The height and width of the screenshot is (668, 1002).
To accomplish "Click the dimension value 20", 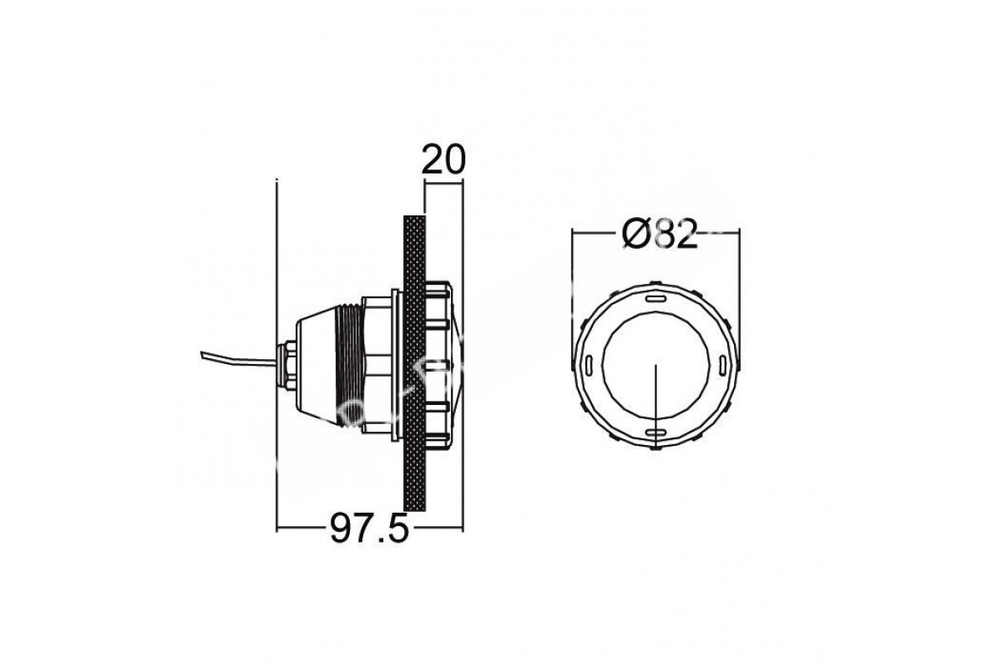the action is click(x=443, y=159).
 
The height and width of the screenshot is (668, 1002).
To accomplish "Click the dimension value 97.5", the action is click(x=369, y=528).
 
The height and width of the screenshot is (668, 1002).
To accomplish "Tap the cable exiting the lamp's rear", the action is click(x=239, y=360).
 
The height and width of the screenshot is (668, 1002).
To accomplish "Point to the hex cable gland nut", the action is click(x=287, y=366).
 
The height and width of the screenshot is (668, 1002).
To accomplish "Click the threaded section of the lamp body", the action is click(x=349, y=365).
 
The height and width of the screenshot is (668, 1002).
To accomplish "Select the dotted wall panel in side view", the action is click(x=414, y=363).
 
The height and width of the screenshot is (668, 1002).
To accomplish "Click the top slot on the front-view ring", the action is click(x=655, y=298).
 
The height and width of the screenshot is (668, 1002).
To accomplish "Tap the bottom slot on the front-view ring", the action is click(x=655, y=433).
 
